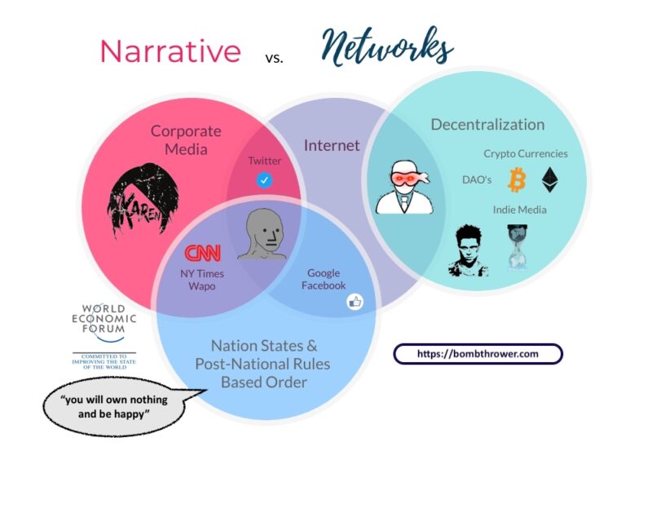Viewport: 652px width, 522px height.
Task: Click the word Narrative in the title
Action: point(170,51)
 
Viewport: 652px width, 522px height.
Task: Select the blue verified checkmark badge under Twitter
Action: point(264,180)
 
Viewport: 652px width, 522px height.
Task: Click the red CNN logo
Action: point(202,253)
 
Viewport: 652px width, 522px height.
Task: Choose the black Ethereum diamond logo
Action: point(551,179)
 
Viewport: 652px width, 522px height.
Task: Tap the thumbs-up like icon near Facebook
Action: point(355,302)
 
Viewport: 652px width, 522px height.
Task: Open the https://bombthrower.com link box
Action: point(478,354)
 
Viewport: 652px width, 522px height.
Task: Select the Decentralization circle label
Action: point(487,125)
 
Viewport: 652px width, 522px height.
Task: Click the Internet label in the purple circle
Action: point(332,146)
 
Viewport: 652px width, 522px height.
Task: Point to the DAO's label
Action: point(477,179)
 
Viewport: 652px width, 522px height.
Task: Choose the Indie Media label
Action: point(519,210)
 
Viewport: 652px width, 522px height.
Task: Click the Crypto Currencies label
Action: point(526,153)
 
